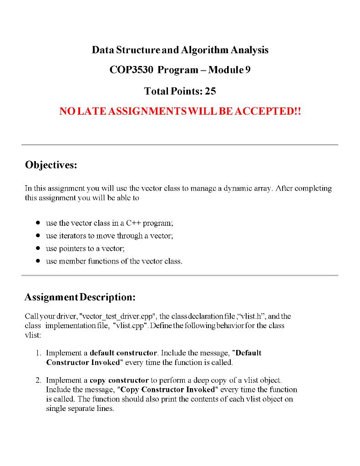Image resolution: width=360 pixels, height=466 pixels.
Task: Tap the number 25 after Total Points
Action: [x=210, y=91]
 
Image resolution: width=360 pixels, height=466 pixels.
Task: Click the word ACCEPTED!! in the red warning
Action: [x=269, y=111]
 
